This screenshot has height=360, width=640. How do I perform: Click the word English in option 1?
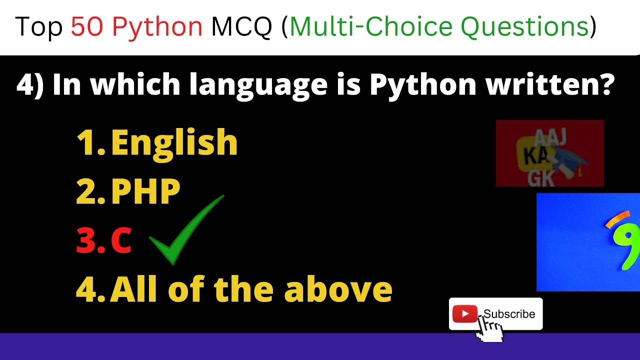[x=174, y=143]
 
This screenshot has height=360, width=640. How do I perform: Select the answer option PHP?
[x=145, y=192]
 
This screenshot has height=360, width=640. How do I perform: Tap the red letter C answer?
[x=121, y=241]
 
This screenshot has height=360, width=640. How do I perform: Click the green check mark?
[x=186, y=230]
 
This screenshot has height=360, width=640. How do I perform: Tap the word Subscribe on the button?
[x=509, y=314]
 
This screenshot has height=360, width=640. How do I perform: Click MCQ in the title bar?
[x=242, y=27]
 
